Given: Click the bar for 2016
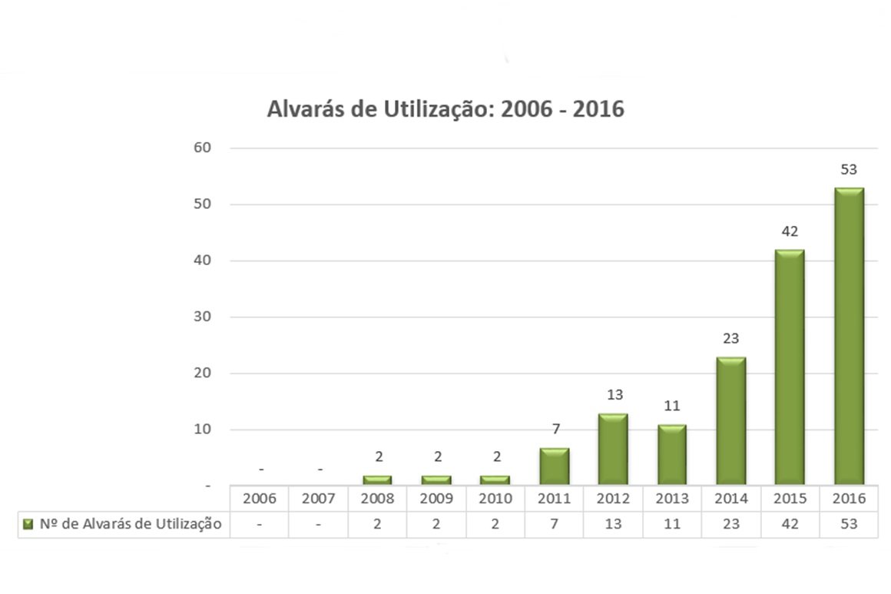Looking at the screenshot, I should (849, 337).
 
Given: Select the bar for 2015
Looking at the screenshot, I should (790, 367).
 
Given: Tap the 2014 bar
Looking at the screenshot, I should (730, 421).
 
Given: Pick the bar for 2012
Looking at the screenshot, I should (613, 450).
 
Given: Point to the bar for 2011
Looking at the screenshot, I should (554, 466).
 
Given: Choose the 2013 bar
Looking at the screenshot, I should (672, 455).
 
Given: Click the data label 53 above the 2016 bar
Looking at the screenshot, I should (849, 170).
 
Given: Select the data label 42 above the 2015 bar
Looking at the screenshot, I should (790, 231).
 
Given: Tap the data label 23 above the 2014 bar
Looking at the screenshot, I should (730, 339).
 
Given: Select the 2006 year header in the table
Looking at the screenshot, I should (260, 499).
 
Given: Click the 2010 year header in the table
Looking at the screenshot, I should (495, 499).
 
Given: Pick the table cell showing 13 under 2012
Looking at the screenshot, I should (613, 524).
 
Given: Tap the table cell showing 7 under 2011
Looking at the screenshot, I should (554, 524).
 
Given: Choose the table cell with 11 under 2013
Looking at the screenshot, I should (672, 524).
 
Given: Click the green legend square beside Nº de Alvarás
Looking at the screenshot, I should (28, 524).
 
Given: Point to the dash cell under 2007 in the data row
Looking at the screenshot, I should (318, 524).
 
